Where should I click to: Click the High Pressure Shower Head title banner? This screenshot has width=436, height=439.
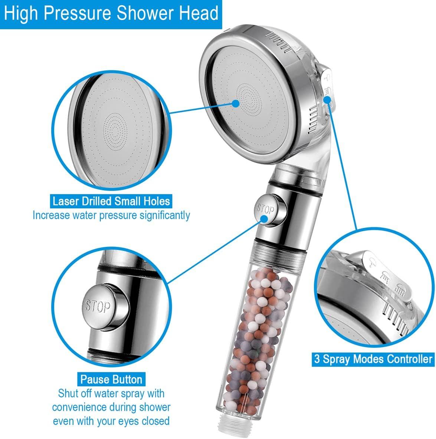click(111, 14)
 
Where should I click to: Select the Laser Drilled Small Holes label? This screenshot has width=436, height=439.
click(111, 201)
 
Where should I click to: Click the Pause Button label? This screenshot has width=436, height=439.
click(111, 379)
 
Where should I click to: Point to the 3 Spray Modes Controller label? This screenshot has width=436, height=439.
click(373, 359)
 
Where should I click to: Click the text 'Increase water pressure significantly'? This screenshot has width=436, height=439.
click(111, 215)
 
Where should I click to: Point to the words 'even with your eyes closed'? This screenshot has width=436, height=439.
click(111, 420)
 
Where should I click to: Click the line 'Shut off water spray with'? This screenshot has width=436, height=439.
click(111, 393)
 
